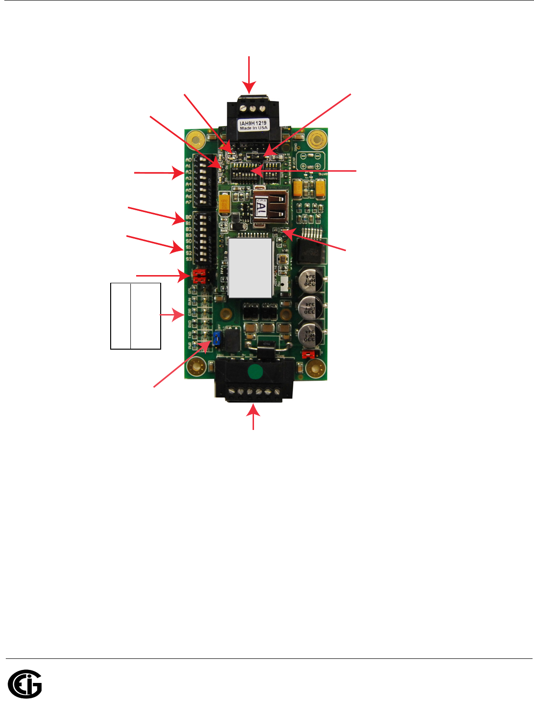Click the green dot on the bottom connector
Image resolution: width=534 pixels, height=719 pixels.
(x=255, y=372)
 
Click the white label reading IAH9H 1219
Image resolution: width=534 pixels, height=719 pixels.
(x=253, y=126)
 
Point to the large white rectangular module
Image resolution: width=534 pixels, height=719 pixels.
(x=250, y=267)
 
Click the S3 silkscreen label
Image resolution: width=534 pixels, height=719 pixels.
(x=189, y=259)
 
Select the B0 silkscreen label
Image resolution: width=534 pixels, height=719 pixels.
(x=189, y=217)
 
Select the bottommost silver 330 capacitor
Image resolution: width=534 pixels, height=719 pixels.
(x=310, y=335)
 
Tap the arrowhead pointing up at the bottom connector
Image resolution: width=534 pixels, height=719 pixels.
(x=254, y=410)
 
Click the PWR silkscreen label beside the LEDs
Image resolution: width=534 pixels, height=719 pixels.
(x=189, y=345)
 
